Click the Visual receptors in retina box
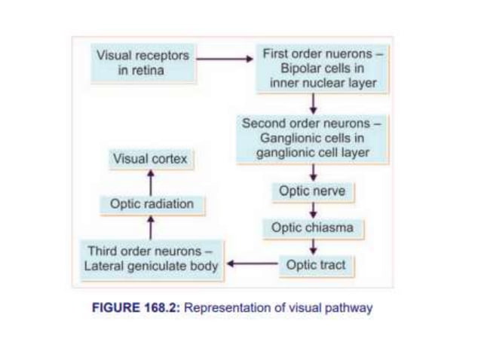(141, 63)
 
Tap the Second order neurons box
(312, 139)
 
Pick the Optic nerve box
(312, 191)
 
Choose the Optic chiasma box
(312, 227)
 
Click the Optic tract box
(316, 265)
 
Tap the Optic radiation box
(152, 204)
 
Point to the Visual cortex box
(150, 159)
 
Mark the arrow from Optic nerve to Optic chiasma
(313, 209)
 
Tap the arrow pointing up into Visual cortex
(151, 181)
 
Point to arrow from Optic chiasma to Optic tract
(313, 246)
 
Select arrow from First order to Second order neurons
(313, 104)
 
